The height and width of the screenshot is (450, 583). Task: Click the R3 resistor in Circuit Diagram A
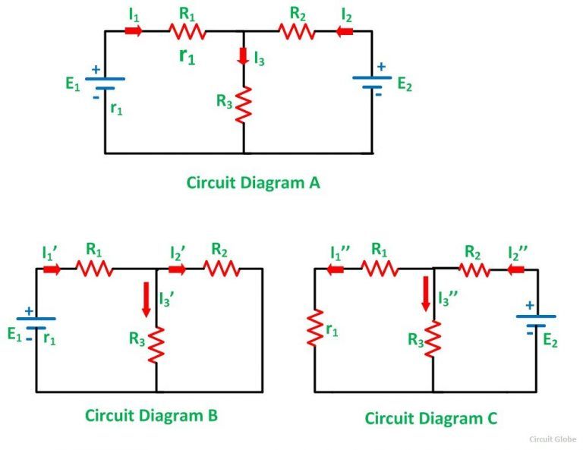click(x=244, y=104)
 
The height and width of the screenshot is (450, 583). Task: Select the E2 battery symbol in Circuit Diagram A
click(x=372, y=81)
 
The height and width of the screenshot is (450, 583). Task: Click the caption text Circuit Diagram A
click(x=253, y=183)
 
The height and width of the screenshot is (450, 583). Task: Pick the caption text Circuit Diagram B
click(x=151, y=415)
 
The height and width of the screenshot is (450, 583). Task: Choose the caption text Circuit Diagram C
click(x=431, y=418)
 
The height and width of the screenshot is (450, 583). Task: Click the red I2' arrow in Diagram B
click(x=178, y=269)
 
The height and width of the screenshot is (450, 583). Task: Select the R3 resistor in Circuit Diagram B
click(x=156, y=344)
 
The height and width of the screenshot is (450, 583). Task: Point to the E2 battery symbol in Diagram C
click(x=536, y=320)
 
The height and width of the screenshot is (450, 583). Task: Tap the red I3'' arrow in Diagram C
click(x=425, y=294)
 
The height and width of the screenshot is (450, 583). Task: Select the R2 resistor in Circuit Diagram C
click(x=473, y=269)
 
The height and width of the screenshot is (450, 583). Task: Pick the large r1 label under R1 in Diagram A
click(x=187, y=55)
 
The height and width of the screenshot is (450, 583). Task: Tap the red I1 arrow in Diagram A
click(x=134, y=31)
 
